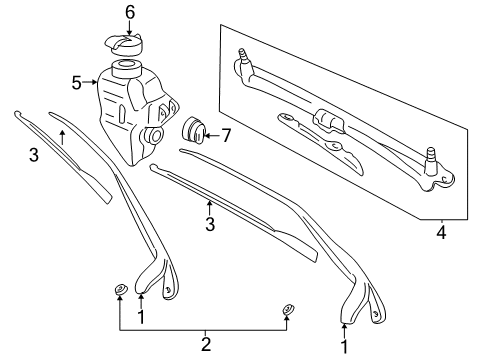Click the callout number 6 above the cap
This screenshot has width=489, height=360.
click(129, 11)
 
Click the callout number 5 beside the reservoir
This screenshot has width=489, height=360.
click(77, 83)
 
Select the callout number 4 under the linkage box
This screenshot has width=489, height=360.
click(441, 236)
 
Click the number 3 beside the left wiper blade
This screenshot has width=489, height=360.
click(33, 155)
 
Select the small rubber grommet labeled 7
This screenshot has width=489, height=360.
click(193, 130)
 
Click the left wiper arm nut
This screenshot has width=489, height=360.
click(119, 291)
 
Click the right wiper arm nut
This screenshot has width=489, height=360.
click(287, 309)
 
